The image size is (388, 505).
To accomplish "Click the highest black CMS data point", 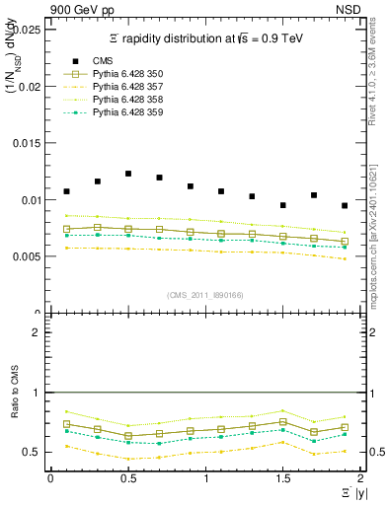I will click(x=128, y=174).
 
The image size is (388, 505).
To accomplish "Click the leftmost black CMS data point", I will click(x=66, y=191).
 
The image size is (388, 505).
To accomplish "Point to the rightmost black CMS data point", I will click(x=345, y=205).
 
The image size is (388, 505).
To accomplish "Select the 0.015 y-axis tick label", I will click(x=28, y=143).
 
